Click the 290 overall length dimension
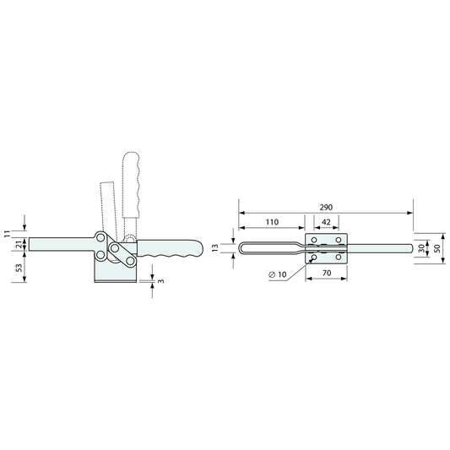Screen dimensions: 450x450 tap(326, 207)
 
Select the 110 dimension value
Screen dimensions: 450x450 tap(272, 222)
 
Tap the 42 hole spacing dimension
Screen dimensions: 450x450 tap(326, 222)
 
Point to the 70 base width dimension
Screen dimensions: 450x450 tap(327, 273)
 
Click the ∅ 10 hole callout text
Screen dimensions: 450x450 tap(278, 274)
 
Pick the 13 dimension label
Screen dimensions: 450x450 tap(215, 247)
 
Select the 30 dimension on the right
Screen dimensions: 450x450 tap(421, 248)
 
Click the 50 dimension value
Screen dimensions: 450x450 tap(437, 248)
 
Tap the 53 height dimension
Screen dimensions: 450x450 tap(19, 268)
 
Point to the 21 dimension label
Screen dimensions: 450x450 tap(19, 245)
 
